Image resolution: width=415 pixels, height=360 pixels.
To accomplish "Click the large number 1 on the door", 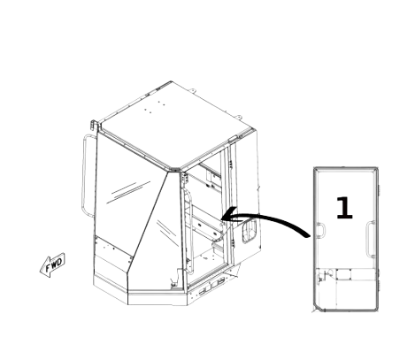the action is point(344,208).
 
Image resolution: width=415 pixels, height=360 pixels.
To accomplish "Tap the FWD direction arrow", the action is point(52,264).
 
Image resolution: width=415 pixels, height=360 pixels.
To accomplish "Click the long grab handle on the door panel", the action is point(371,239).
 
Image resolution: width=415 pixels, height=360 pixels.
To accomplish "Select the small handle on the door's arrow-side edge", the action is point(320,230).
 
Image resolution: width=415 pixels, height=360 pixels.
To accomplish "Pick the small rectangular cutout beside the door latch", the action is point(343,274).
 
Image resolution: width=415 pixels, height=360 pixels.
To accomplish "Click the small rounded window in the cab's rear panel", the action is point(250,231).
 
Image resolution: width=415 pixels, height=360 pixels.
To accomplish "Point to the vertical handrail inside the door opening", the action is point(189,230).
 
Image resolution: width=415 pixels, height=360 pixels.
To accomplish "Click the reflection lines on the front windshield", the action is point(128,192).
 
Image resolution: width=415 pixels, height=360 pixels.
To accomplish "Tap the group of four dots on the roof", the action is point(155,107).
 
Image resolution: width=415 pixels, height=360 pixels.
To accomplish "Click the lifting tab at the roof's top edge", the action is point(192,90).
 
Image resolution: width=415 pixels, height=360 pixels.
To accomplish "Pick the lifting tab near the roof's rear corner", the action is point(239,117).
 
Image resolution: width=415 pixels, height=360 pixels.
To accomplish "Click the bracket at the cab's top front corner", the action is point(94,125).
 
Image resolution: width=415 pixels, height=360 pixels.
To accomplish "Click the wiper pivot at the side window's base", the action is point(173,283).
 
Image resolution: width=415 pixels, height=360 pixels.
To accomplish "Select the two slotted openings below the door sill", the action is point(211,287).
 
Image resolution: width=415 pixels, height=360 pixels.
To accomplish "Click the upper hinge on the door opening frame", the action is point(185,179).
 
